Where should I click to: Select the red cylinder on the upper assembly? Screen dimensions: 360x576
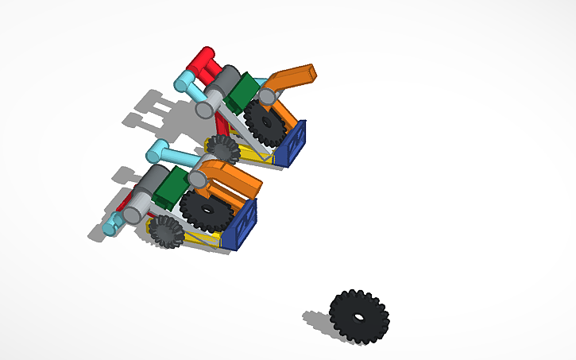(x=201, y=60)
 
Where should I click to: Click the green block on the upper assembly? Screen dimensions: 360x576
(x=241, y=91)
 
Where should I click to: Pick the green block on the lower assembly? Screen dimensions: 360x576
(x=170, y=190)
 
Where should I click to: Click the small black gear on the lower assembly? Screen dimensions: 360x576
(x=166, y=231)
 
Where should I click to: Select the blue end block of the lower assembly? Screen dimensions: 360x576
(x=241, y=224)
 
